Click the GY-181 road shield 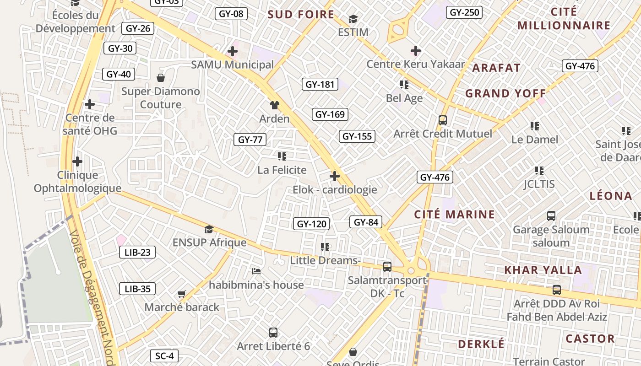320,84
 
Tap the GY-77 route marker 250,140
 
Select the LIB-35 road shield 137,289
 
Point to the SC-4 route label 164,356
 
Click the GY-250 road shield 464,12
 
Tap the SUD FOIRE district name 301,14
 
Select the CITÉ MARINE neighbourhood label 454,214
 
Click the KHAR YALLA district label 543,270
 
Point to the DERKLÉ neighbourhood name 481,344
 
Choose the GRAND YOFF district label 505,93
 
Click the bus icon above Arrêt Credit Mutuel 442,120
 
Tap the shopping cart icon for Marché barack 181,294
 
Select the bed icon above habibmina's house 256,271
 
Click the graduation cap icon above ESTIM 353,19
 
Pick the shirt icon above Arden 274,105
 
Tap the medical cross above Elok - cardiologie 335,176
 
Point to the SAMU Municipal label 232,65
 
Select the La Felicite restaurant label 282,170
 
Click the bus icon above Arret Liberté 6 273,333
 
